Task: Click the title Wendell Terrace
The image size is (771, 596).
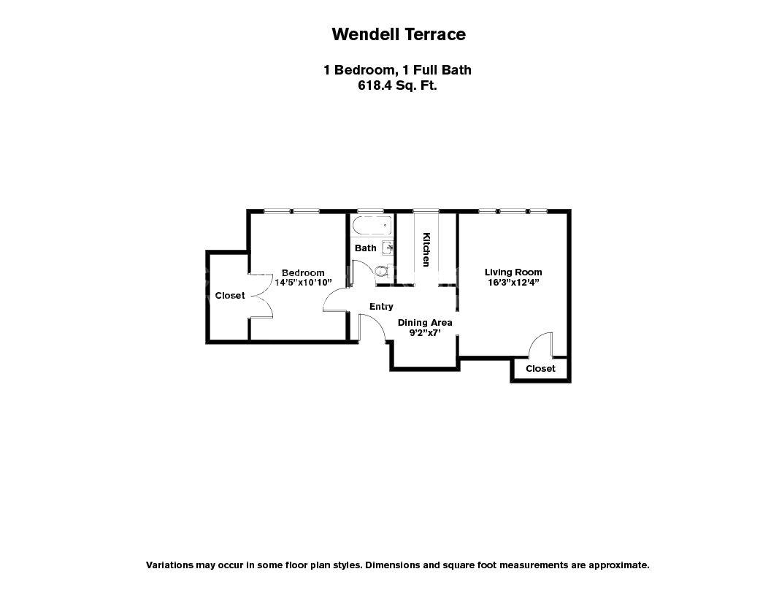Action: pos(398,34)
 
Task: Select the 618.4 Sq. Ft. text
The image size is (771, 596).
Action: pos(398,85)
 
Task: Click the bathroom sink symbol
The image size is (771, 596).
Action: pos(388,248)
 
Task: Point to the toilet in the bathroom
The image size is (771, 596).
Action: pos(380,272)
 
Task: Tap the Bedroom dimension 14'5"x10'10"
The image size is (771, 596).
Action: pos(303,282)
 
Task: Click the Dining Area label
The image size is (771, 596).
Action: pos(424,322)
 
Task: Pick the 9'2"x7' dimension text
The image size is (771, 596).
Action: pos(424,333)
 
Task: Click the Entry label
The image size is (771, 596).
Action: pos(381,307)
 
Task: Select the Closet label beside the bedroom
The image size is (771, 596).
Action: pos(230,296)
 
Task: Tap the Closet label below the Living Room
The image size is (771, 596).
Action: pos(540,369)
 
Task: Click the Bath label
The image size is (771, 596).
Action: pos(365,248)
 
